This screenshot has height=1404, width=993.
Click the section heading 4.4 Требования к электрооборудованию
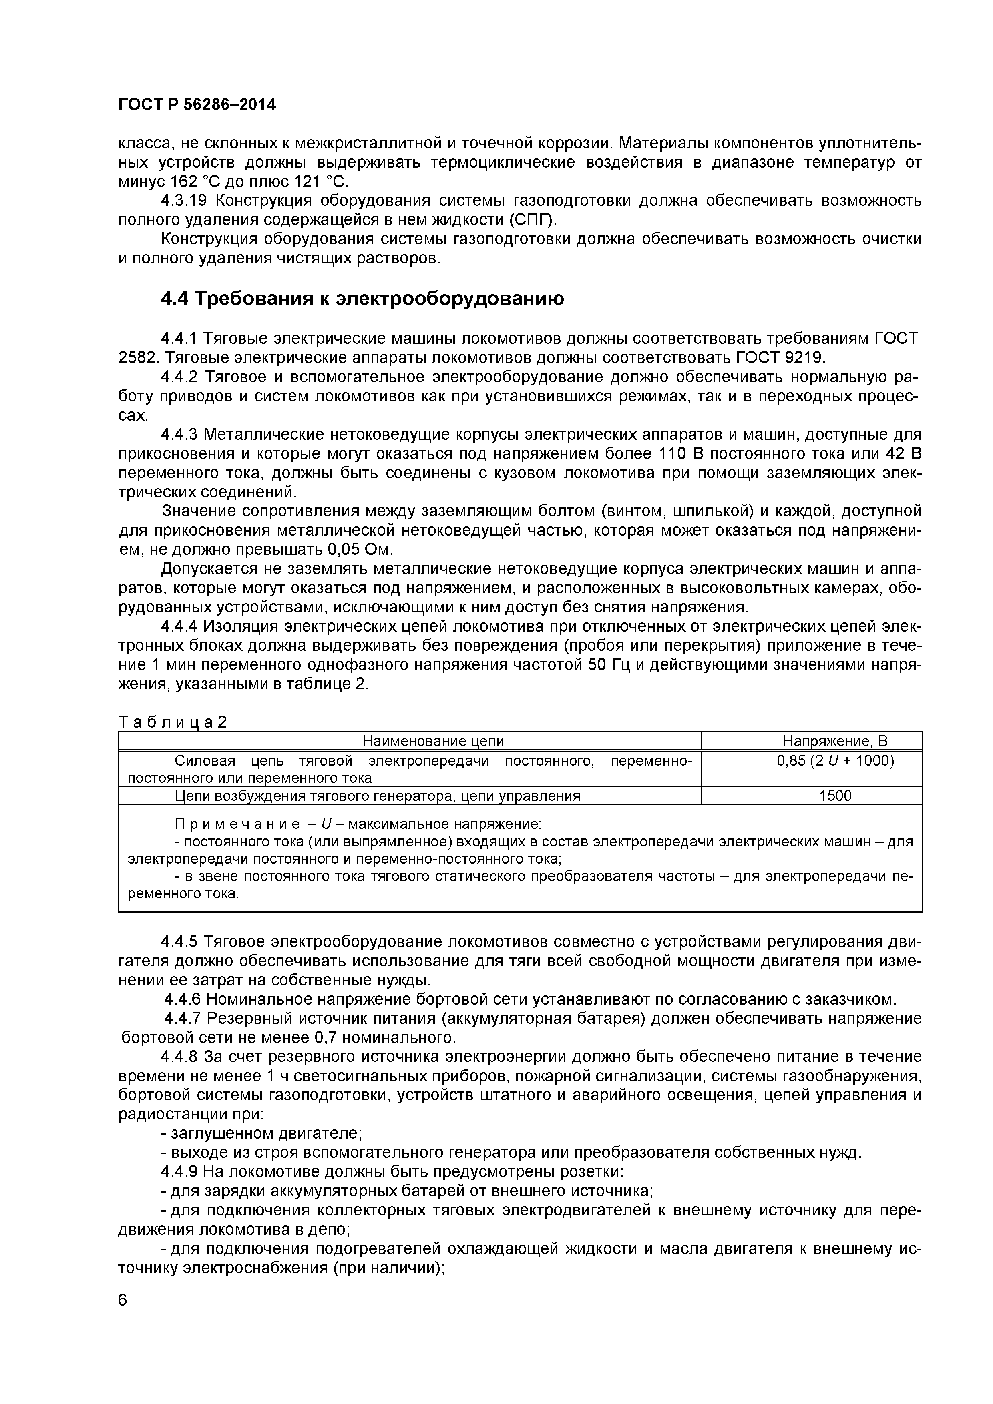click(362, 299)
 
